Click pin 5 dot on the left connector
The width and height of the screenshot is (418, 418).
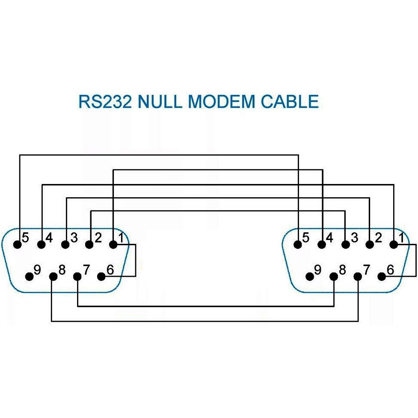(18, 245)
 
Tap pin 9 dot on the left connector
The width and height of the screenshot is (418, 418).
(30, 276)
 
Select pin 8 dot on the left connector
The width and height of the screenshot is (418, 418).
(53, 276)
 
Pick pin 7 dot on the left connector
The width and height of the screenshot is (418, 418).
(77, 276)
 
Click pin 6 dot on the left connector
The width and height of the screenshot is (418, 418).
(101, 276)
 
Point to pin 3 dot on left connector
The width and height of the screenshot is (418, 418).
(65, 245)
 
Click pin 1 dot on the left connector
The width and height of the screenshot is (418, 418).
(113, 245)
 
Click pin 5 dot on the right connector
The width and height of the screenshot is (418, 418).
(298, 245)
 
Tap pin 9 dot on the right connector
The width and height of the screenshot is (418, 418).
(310, 276)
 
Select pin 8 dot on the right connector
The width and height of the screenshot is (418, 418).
(334, 276)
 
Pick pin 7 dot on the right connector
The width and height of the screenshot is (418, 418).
(358, 276)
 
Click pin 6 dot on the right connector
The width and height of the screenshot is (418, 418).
(382, 276)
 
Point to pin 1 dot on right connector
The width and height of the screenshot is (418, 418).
(394, 245)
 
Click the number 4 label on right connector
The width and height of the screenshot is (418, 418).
(330, 237)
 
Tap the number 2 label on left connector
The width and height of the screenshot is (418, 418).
(98, 237)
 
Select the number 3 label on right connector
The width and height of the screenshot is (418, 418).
(354, 237)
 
